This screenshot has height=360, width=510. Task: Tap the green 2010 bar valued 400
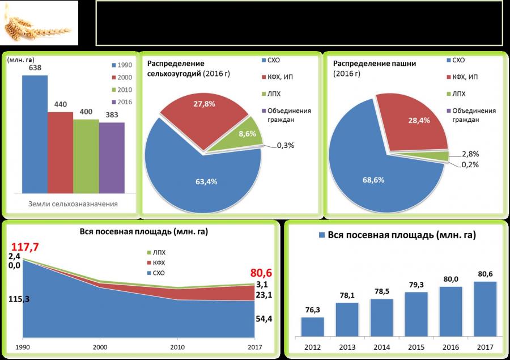[x=86, y=156]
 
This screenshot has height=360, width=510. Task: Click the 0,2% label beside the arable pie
[x=470, y=164]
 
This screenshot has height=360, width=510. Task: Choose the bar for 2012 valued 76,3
[x=312, y=326]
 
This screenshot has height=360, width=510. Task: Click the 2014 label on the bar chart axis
[x=381, y=346]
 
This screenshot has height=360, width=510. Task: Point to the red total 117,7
[x=24, y=248]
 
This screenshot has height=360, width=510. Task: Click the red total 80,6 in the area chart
[x=260, y=272]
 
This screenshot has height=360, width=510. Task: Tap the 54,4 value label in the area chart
[x=262, y=320]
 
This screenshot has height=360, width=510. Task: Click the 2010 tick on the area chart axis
[x=177, y=346]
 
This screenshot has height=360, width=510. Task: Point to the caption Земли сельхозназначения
[x=73, y=204]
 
